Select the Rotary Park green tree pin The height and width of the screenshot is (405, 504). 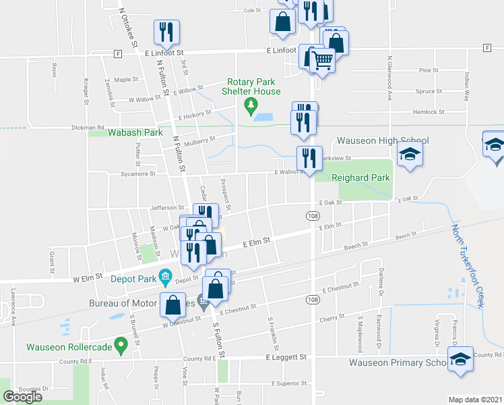tap(251, 105)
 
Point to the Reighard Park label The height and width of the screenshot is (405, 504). tap(361, 178)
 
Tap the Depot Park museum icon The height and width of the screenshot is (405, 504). tap(164, 275)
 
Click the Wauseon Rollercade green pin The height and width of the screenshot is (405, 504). tap(121, 347)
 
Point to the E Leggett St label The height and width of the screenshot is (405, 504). tap(286, 356)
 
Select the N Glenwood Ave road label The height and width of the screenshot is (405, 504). tap(389, 77)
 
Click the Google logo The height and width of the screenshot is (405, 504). tap(22, 397)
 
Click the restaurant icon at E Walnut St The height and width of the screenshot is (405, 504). tap(309, 159)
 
